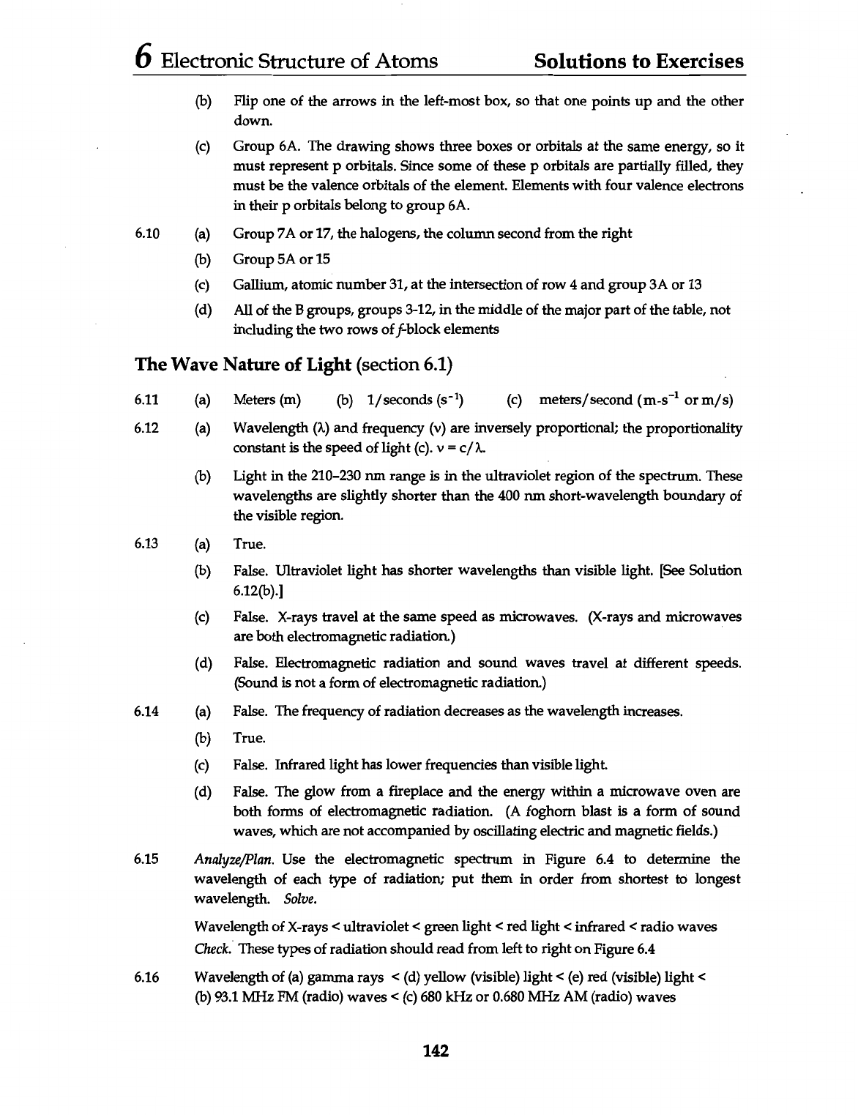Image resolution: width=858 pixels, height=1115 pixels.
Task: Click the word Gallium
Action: point(255,285)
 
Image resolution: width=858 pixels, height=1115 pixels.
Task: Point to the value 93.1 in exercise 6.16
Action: point(223,997)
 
